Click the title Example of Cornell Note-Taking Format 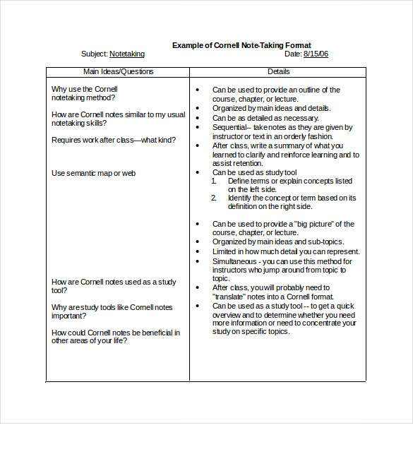pos(241,45)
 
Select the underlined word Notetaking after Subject pos(127,54)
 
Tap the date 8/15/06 pos(316,54)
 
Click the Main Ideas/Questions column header pos(118,71)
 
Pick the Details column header pos(278,71)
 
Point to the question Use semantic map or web pos(93,173)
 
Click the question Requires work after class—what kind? pos(114,140)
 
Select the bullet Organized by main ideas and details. pos(271,109)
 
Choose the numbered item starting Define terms pos(289,185)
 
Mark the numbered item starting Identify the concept pos(292,202)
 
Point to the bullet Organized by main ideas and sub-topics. pos(277,242)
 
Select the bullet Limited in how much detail pos(286,251)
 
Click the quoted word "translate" pos(228,297)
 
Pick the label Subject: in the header pos(94,54)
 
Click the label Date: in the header pos(293,54)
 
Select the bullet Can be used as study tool pos(254,172)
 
